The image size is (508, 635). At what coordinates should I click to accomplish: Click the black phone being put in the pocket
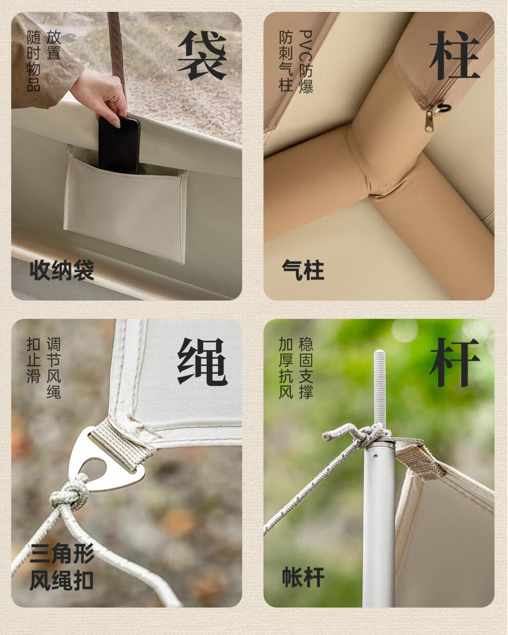(119, 144)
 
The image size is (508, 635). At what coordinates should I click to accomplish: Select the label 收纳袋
(62, 271)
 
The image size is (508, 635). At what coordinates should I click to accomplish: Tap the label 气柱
(303, 271)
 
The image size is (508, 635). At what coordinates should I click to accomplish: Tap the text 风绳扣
(62, 581)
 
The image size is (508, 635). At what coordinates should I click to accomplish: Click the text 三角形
(62, 553)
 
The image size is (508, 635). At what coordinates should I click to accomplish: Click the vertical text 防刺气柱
(286, 61)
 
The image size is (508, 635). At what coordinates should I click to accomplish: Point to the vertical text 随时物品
(33, 61)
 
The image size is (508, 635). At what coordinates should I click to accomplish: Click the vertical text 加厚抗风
(286, 368)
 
